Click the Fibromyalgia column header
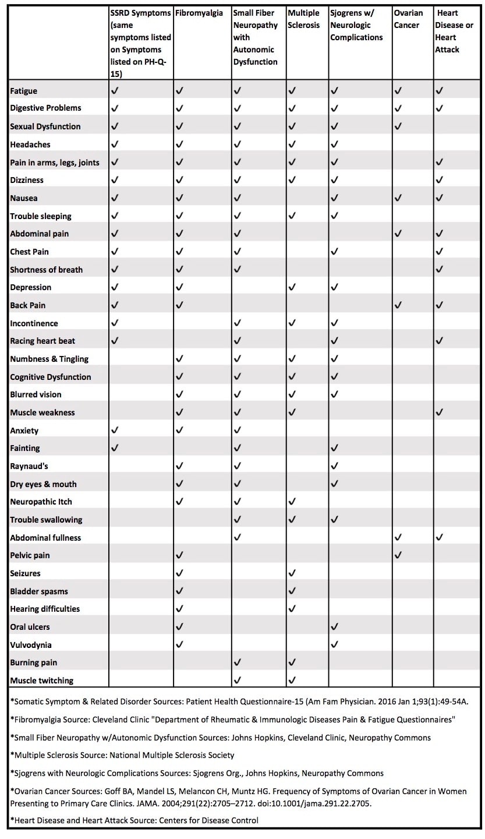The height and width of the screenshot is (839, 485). tap(199, 13)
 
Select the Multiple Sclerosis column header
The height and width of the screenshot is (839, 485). tap(303, 19)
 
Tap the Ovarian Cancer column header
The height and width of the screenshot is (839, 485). tap(408, 19)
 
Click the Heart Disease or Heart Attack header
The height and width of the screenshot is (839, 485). tap(454, 31)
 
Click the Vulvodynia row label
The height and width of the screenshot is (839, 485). tap(31, 645)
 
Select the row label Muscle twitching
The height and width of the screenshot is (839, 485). tap(42, 681)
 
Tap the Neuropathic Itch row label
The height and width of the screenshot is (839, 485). tap(41, 502)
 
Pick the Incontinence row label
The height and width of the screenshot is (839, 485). tap(34, 323)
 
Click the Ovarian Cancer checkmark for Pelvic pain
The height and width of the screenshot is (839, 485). tap(398, 555)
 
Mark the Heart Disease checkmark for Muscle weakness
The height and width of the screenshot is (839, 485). tap(440, 413)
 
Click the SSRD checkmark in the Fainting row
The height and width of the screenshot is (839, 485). tap(115, 448)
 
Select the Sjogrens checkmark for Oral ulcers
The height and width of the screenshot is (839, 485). tap(334, 627)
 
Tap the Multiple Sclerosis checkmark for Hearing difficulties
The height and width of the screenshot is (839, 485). tap(292, 609)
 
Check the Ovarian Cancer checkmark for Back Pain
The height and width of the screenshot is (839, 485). tap(398, 305)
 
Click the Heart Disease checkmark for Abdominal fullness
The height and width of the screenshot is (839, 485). tap(440, 537)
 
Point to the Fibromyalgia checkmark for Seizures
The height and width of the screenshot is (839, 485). tap(179, 573)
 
